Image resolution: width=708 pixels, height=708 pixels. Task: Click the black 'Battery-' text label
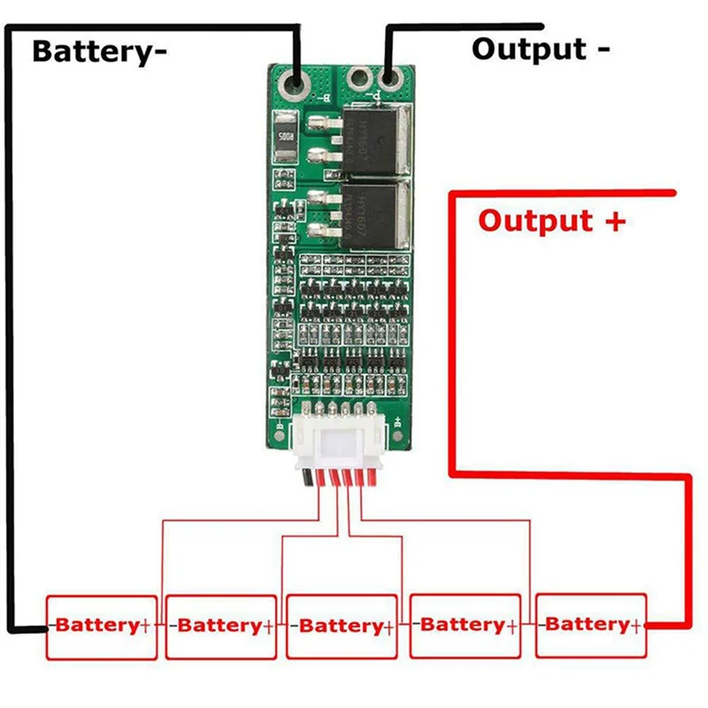99,50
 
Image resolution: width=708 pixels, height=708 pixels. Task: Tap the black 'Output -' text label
540,48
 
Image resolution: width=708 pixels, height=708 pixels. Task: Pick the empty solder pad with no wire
359,82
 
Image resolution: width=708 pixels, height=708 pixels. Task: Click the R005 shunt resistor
285,138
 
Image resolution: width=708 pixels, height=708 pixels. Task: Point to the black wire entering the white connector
306,479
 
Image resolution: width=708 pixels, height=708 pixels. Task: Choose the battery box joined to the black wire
102,626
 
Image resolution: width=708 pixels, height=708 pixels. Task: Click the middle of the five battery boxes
341,626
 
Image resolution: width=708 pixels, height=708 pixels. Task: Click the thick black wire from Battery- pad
9,354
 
